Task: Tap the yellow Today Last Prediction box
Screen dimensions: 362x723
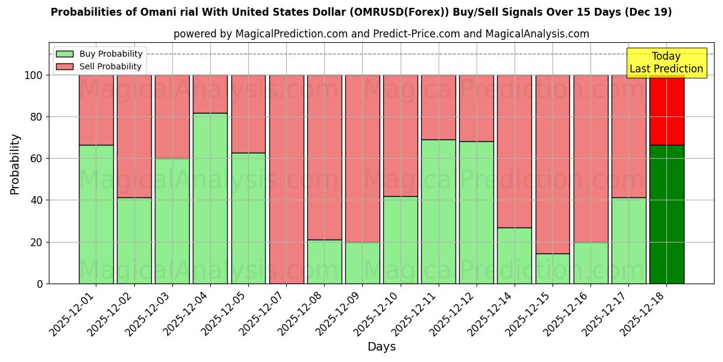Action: [666, 63]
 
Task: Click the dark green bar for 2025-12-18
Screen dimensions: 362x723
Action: [666, 214]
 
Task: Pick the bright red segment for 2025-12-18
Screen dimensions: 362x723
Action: [666, 110]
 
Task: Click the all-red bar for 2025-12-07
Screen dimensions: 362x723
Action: [286, 179]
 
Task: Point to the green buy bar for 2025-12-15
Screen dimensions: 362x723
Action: [552, 268]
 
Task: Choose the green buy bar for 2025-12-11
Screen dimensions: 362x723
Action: [439, 211]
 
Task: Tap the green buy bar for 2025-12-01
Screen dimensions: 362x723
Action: [96, 214]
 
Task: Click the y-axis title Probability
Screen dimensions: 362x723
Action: [15, 164]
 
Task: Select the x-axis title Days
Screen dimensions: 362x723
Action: [381, 347]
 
